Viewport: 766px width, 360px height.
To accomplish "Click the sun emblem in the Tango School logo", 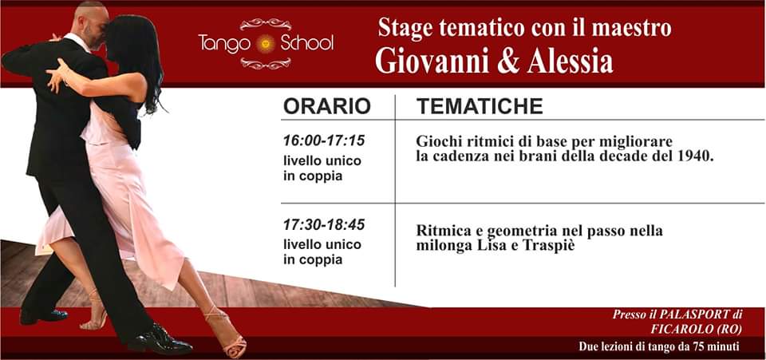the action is point(267,44).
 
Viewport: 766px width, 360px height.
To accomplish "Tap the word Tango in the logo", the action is point(225,43).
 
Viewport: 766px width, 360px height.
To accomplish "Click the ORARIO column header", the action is point(327,106).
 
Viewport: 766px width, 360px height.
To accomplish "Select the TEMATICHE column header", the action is point(480,106).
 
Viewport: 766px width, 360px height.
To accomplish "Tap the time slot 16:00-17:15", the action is point(324,140).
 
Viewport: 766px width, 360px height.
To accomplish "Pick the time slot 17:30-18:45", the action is point(324,224).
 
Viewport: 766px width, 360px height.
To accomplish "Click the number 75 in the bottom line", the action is point(685,347).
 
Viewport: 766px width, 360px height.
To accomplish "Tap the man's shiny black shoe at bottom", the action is point(161,340).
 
